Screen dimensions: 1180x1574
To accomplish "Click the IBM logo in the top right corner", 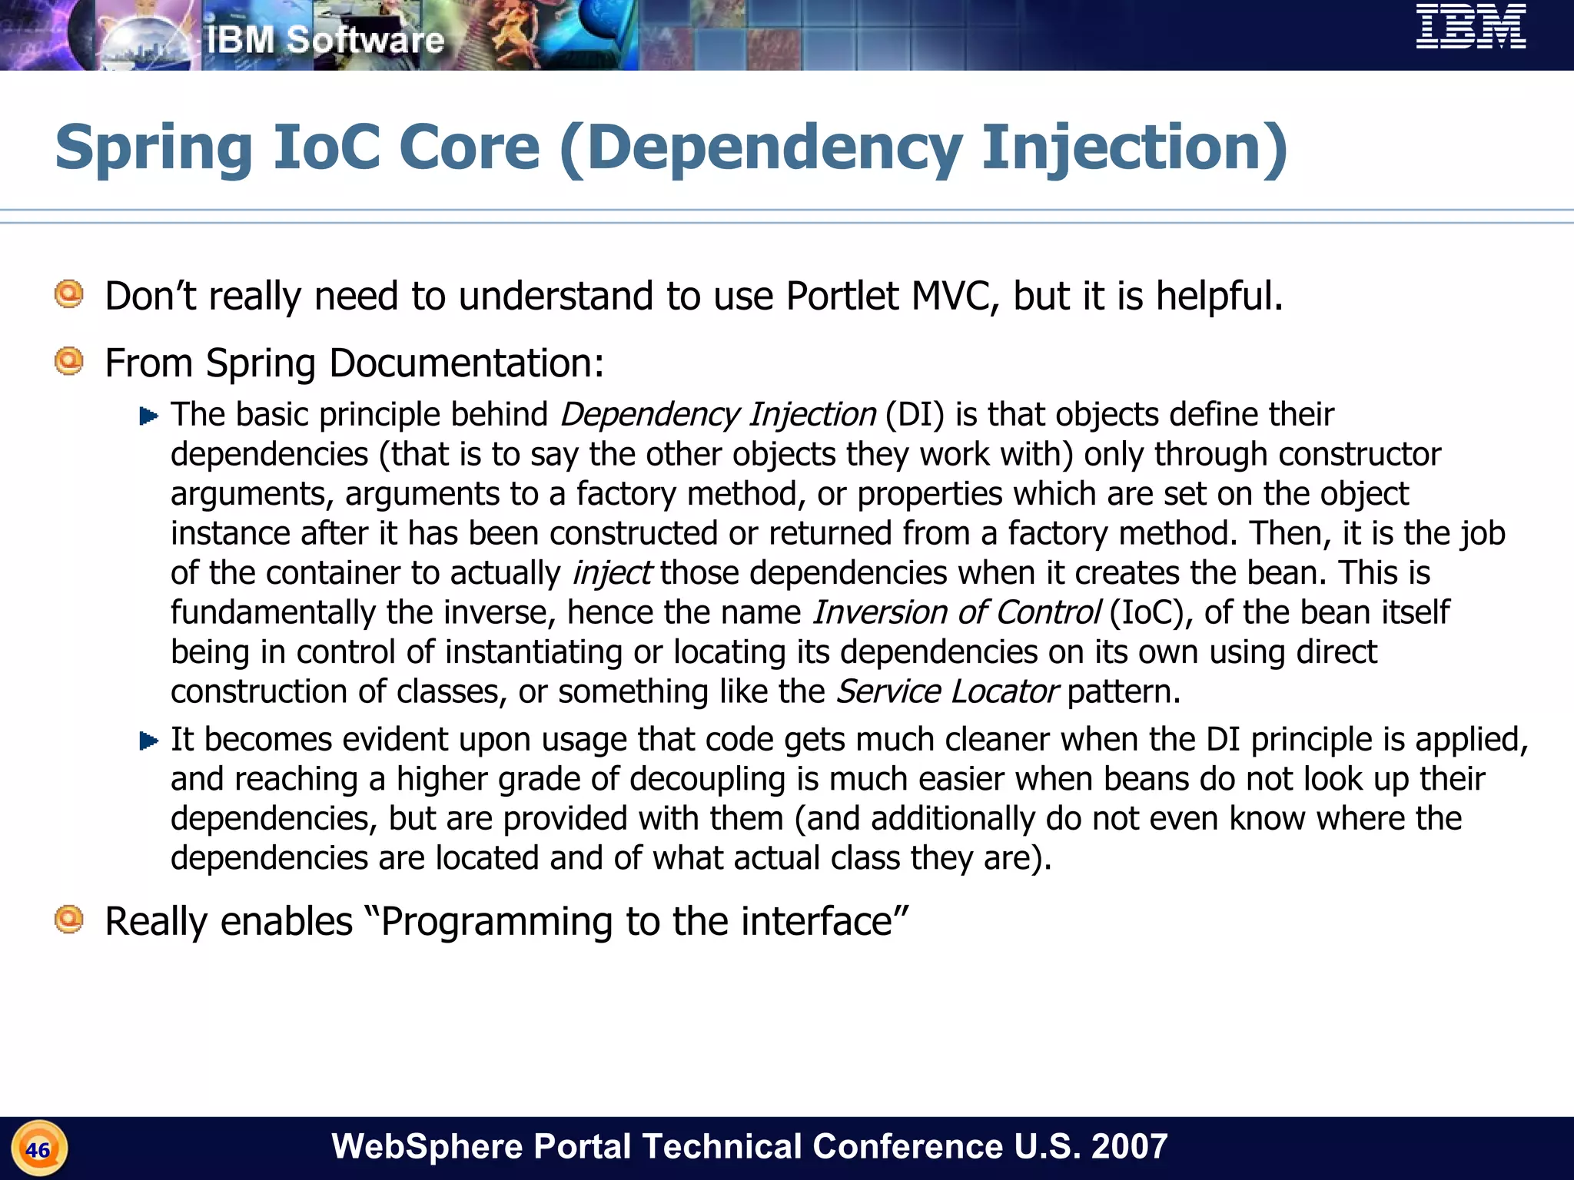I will coord(1471,27).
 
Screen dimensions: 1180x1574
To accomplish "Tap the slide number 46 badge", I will coord(38,1149).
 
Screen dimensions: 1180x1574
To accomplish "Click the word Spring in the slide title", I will coord(154,147).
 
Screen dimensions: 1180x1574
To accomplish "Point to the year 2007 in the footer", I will coord(1129,1146).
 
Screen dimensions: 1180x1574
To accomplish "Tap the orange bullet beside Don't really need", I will coord(69,294).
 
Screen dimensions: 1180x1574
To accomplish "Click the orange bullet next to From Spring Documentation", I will coord(69,361).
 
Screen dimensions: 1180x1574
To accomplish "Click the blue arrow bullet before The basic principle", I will coord(148,416).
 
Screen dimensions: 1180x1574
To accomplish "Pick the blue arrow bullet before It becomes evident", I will coord(148,741).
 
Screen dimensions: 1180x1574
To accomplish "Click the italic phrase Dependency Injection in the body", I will coord(718,415).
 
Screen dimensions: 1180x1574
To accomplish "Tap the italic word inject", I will coord(612,573).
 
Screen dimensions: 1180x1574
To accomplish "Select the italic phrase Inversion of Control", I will coord(956,613).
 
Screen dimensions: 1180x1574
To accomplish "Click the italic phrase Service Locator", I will coord(947,692).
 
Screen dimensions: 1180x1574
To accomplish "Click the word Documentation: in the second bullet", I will coord(467,363).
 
